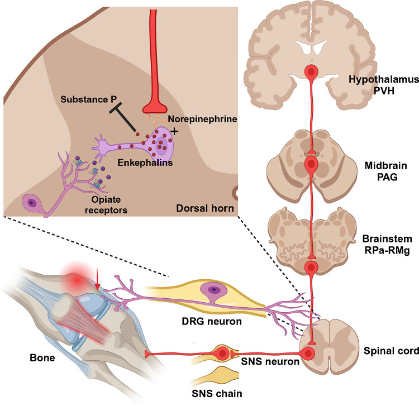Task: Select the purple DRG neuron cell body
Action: click(213, 290)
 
